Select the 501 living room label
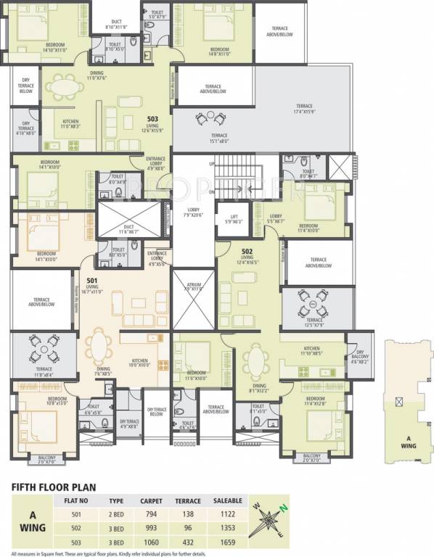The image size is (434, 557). coord(91,285)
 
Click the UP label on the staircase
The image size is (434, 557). coord(212,165)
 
